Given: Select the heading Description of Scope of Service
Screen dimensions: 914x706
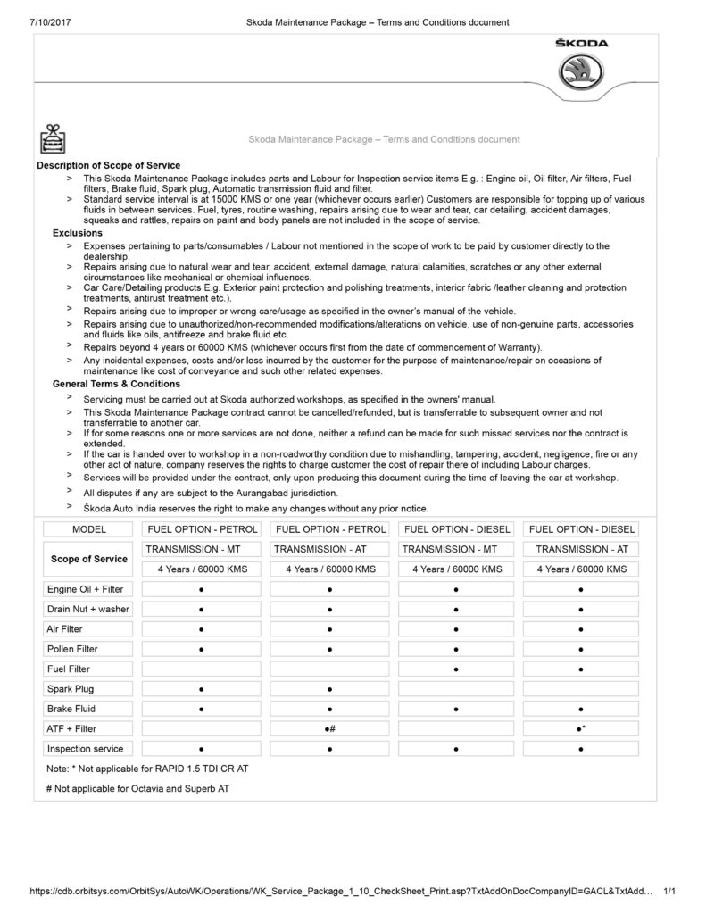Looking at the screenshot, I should [x=108, y=165].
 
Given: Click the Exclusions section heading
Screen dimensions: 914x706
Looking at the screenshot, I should [x=78, y=232].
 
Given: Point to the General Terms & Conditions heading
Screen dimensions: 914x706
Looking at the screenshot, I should [x=116, y=384].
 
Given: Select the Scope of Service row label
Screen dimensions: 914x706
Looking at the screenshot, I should [x=88, y=559].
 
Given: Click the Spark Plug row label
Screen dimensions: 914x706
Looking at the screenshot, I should [x=71, y=688].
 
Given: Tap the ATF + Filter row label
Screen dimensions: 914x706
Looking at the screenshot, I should [x=71, y=728].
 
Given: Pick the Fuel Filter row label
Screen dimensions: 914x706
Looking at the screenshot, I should [x=69, y=669].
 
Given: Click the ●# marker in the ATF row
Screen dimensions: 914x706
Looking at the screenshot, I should [x=330, y=729].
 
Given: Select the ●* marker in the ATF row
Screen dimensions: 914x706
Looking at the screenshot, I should [x=581, y=729].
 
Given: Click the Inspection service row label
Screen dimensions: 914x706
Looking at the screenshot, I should [x=85, y=748].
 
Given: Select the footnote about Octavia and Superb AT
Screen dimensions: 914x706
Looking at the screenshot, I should [x=137, y=788].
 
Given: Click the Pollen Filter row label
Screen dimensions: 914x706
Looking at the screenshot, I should [x=72, y=649].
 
